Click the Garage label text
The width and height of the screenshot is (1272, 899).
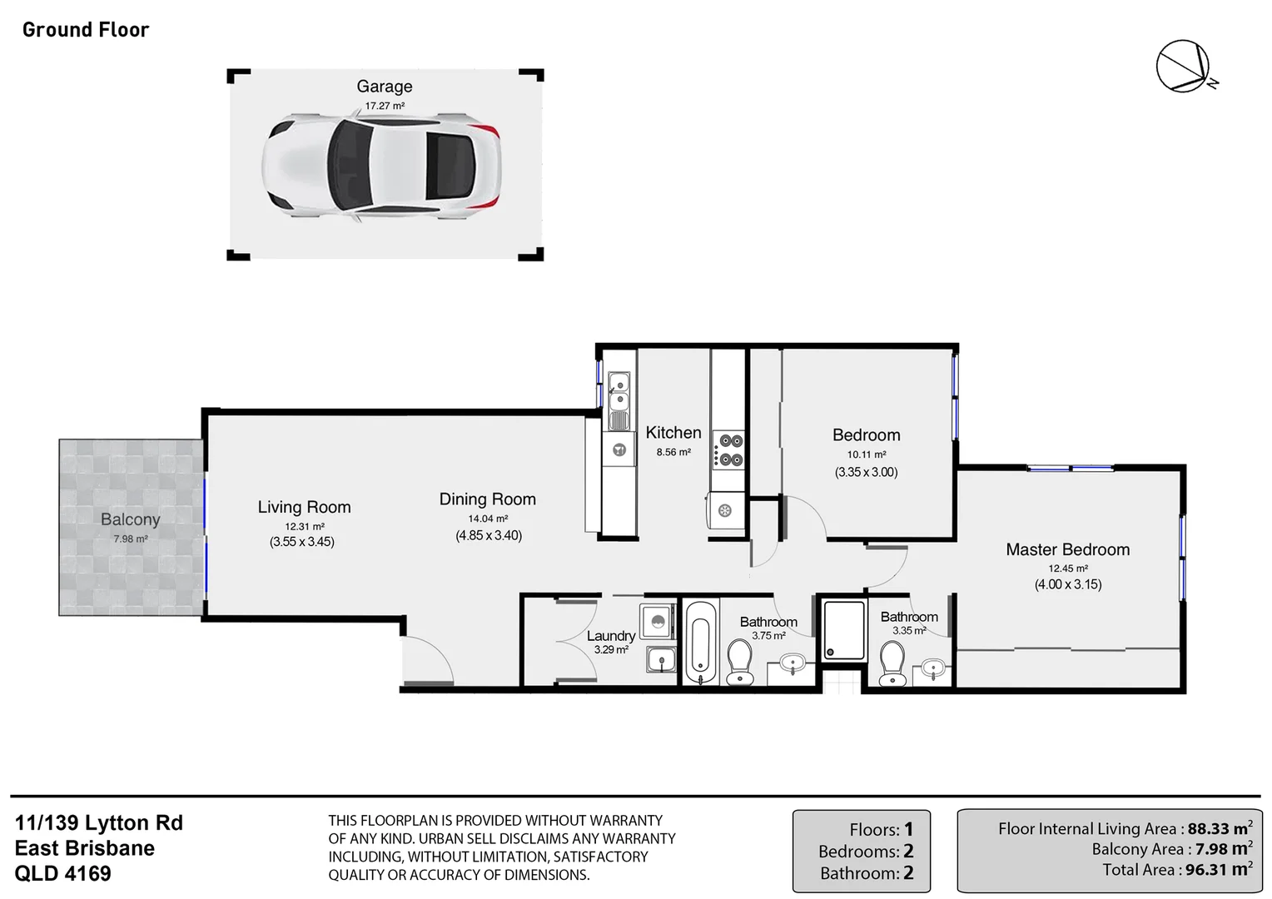point(384,87)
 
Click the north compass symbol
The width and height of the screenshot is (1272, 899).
point(1183,66)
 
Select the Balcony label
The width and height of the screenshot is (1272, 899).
point(130,519)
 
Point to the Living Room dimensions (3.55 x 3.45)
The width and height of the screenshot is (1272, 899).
point(301,542)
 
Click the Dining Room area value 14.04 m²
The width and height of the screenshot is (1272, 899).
point(488,519)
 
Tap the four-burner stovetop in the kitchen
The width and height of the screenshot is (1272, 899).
point(732,449)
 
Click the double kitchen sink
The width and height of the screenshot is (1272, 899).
point(619,393)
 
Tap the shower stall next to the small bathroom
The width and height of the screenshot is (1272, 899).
point(843,630)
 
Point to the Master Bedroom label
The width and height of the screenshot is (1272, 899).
point(1067,549)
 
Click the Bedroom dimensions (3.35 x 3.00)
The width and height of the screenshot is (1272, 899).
point(866,472)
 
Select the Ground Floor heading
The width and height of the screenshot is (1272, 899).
point(86,30)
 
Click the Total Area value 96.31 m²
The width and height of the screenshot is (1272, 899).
point(1220,870)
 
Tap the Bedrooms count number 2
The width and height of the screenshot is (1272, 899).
point(908,852)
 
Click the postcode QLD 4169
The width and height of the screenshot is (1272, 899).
point(63,874)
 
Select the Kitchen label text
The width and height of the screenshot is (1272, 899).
point(673,433)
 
